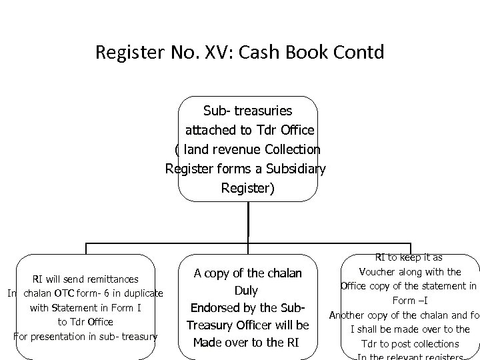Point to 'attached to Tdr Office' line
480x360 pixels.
pos(247,129)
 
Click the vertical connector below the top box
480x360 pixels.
pos(248,219)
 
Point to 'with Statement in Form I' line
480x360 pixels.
pos(86,307)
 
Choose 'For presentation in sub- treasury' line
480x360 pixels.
pos(85,335)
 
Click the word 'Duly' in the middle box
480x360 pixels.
pos(247,291)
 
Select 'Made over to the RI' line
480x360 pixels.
pos(247,343)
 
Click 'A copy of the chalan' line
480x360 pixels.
pos(247,273)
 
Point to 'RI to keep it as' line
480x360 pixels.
pos(408,257)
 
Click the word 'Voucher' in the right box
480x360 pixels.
pos(381,271)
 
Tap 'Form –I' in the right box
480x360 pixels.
pos(409,301)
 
